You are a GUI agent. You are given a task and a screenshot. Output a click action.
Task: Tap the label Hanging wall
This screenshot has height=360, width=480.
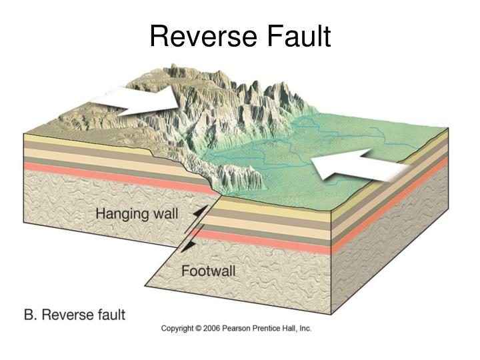click(x=137, y=215)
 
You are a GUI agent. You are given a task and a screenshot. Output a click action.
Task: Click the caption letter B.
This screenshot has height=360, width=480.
click(x=30, y=314)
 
